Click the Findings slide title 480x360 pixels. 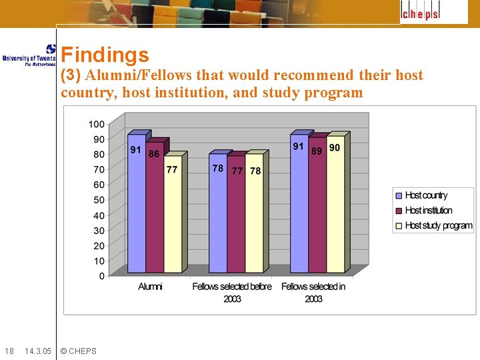[105, 55]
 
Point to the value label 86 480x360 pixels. [154, 153]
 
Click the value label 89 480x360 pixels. [317, 151]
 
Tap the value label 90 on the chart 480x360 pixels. [335, 147]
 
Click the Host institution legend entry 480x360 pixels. [428, 211]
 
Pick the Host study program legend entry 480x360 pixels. [438, 226]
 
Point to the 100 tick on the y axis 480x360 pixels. [96, 124]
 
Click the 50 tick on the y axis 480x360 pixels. [98, 200]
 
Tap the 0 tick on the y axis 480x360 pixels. [101, 276]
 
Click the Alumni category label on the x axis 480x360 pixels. [150, 287]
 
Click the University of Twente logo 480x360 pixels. [29, 55]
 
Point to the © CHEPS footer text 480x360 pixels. [78, 351]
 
